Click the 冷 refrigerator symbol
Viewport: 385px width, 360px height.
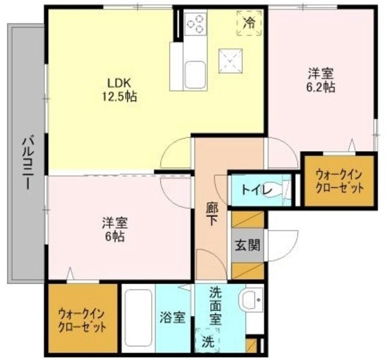[x=249, y=23]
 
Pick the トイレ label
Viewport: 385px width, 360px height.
[x=257, y=190]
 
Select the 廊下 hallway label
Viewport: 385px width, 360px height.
[x=212, y=214]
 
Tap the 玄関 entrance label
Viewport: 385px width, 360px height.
[x=247, y=245]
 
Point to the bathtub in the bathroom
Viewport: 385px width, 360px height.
[x=138, y=318]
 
